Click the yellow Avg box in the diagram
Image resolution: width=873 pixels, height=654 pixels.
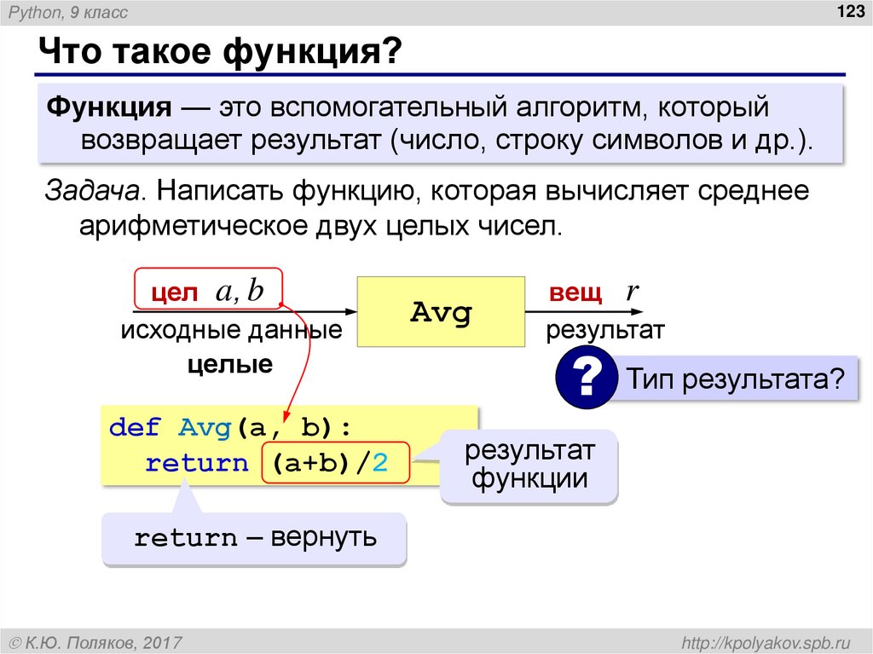[x=440, y=311]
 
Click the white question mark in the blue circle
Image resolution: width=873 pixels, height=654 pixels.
[x=587, y=379]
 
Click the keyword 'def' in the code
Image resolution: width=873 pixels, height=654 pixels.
[x=135, y=427]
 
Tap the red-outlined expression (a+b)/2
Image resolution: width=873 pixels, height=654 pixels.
[x=336, y=465]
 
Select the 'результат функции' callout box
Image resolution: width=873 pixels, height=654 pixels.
[x=529, y=465]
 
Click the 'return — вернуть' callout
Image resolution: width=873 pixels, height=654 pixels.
[x=254, y=538]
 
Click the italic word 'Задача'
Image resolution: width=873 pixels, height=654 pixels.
[x=94, y=192]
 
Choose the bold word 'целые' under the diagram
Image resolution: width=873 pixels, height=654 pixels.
[x=229, y=365]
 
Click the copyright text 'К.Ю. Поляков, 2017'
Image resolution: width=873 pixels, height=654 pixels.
[x=104, y=640]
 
